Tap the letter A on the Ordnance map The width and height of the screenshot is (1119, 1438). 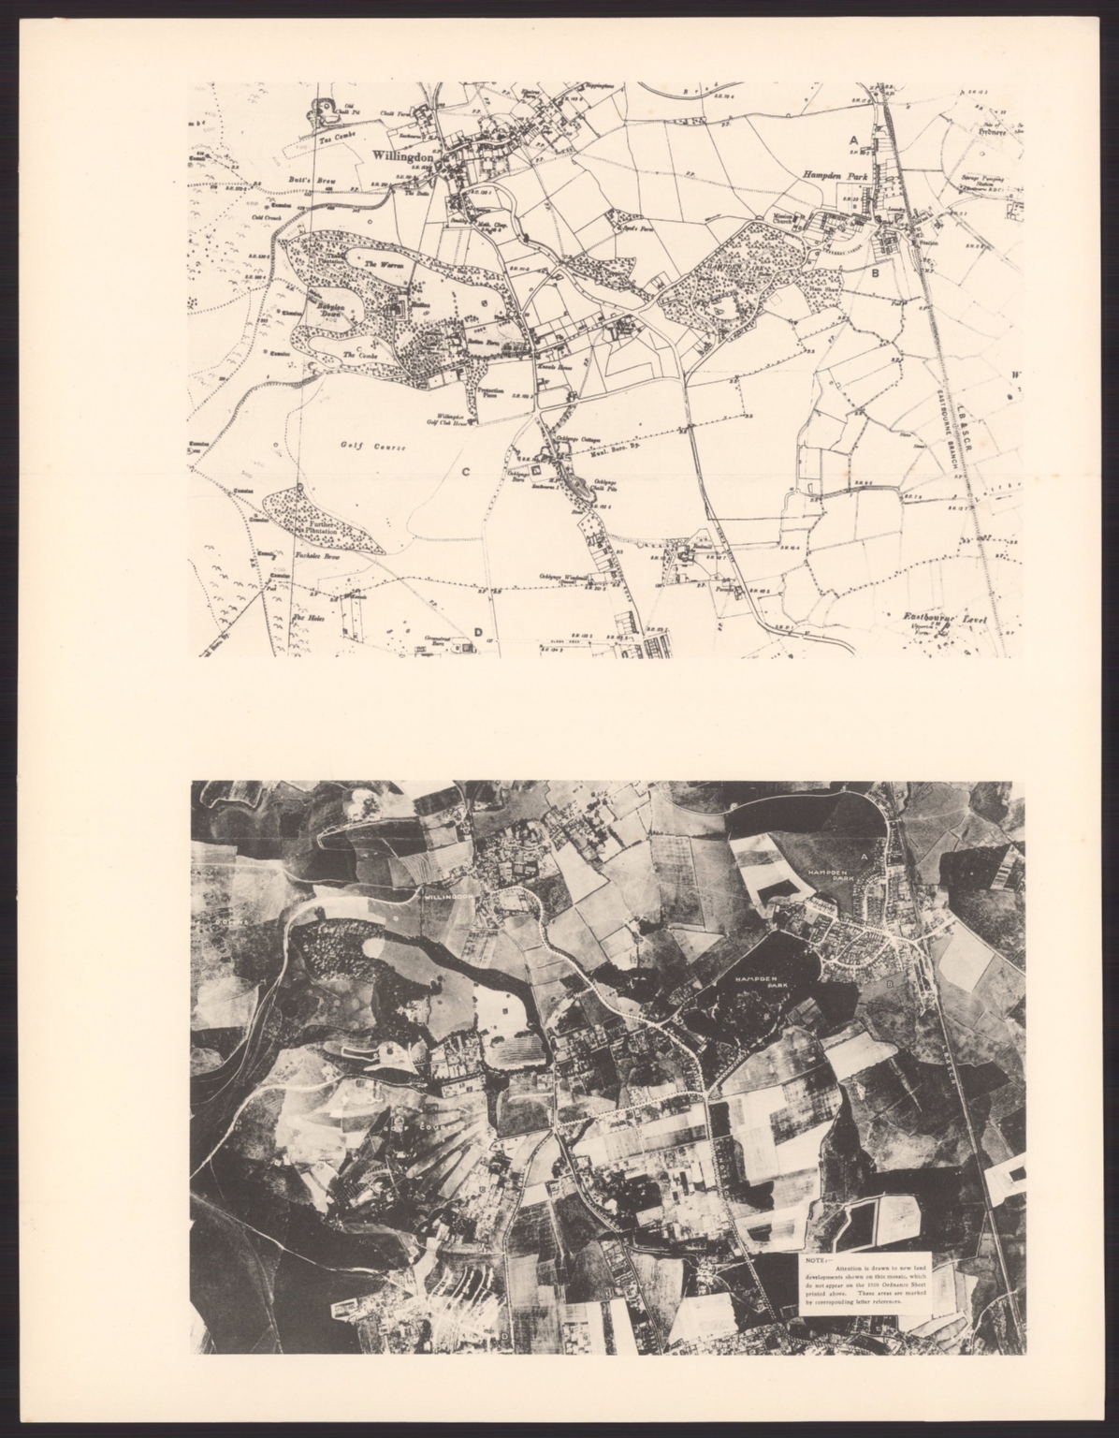click(853, 139)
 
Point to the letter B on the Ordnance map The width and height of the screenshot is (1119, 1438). click(875, 273)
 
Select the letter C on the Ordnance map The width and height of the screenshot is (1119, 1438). click(464, 471)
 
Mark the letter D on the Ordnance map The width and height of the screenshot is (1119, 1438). click(477, 632)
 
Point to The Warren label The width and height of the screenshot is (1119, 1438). click(383, 265)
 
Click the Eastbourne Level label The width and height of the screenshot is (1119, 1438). click(949, 617)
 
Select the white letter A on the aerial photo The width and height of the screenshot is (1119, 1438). click(865, 857)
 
